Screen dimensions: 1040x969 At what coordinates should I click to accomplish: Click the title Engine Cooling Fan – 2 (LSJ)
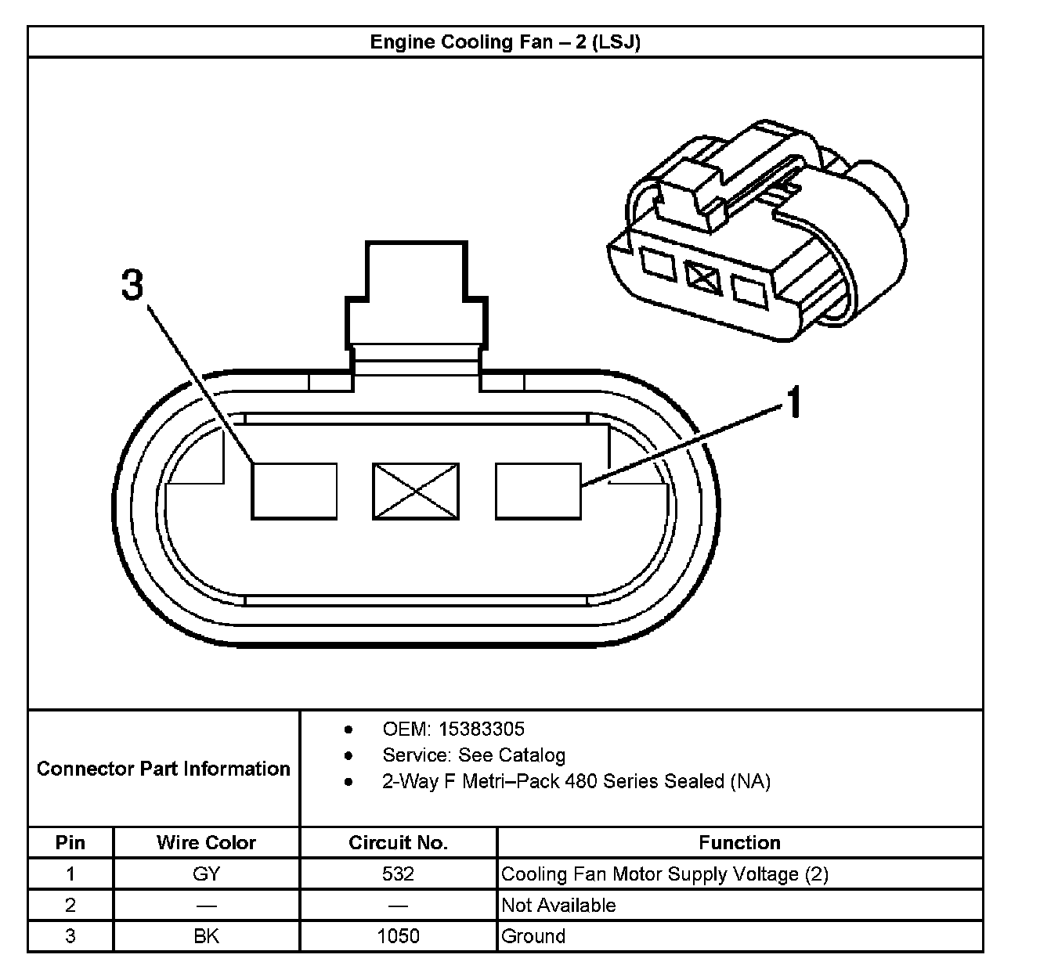pyautogui.click(x=505, y=42)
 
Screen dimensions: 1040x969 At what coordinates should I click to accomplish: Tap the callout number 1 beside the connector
pyautogui.click(x=794, y=402)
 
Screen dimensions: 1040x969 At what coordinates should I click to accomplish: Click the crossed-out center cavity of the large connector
pyautogui.click(x=415, y=491)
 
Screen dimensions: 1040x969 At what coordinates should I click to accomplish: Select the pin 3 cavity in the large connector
pyautogui.click(x=294, y=491)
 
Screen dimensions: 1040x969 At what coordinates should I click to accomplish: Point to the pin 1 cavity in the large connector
pyautogui.click(x=538, y=491)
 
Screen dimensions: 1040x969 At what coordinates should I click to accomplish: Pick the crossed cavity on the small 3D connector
pyautogui.click(x=703, y=277)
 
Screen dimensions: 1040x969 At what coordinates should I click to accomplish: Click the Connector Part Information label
pyautogui.click(x=164, y=769)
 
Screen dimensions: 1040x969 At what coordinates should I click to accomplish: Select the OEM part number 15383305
pyautogui.click(x=482, y=729)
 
